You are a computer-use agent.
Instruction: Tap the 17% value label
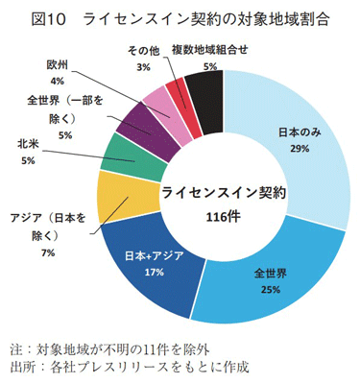[152, 272]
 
